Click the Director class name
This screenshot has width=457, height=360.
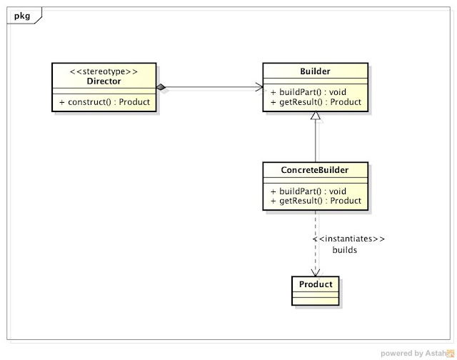pyautogui.click(x=104, y=81)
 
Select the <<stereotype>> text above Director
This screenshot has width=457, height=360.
pyautogui.click(x=104, y=71)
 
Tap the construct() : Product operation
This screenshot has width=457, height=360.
pyautogui.click(x=104, y=102)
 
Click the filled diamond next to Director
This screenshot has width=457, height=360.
pyautogui.click(x=162, y=87)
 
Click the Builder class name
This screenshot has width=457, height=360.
pyautogui.click(x=316, y=71)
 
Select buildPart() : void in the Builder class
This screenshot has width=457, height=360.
pyautogui.click(x=308, y=92)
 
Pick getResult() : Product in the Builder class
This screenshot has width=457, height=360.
pyautogui.click(x=316, y=102)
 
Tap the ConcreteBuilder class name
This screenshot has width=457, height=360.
pyautogui.click(x=316, y=170)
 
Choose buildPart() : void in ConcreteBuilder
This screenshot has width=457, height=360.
pyautogui.click(x=308, y=191)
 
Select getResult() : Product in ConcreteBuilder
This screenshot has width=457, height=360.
pyautogui.click(x=316, y=201)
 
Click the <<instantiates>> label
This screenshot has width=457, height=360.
pyautogui.click(x=349, y=239)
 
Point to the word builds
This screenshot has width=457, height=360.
pyautogui.click(x=345, y=251)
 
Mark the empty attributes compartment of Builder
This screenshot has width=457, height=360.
pyautogui.click(x=316, y=81)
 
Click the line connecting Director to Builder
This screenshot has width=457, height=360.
pyautogui.click(x=211, y=87)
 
